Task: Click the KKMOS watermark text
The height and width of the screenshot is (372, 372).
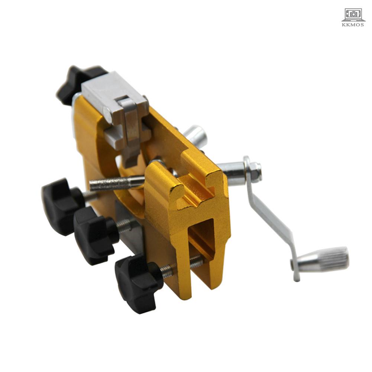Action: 353,25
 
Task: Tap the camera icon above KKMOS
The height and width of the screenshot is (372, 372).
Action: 353,14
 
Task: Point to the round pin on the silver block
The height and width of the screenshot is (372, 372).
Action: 107,115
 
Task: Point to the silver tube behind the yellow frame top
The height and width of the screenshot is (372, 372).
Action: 196,136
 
